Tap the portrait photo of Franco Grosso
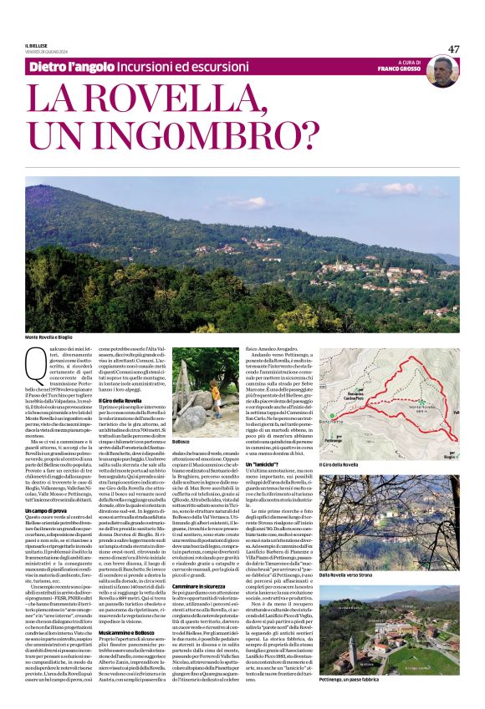(442, 72)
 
